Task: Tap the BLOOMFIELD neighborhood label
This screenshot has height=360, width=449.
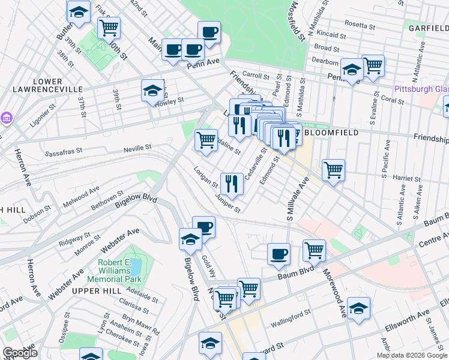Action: [x=332, y=132]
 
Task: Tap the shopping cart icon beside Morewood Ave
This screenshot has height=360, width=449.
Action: [x=314, y=251]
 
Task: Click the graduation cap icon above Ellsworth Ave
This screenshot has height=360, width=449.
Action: [x=358, y=308]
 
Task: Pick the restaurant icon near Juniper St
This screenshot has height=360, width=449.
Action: [x=231, y=183]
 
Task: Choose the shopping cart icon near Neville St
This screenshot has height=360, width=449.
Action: [x=206, y=140]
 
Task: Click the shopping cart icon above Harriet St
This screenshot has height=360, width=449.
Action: [x=333, y=169]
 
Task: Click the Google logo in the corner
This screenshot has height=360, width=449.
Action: [x=20, y=352]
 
